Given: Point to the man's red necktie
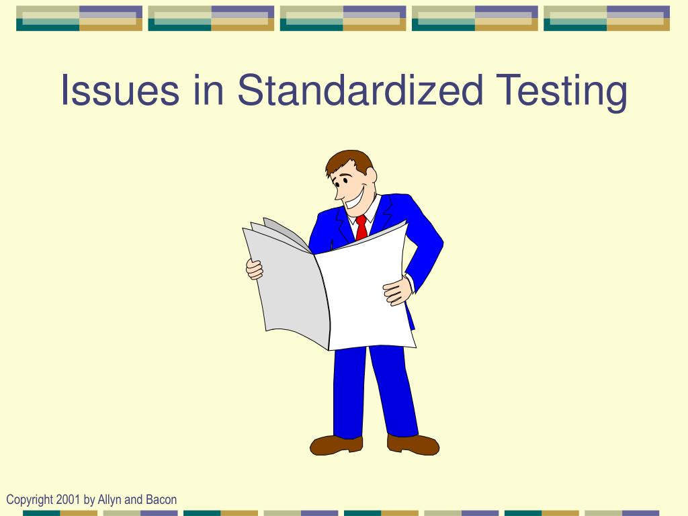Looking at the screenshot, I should pos(361,228).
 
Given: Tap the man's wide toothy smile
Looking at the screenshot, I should pos(353,196).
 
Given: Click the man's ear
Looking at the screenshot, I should pos(370,176).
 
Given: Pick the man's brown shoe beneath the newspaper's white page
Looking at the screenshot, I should pos(413,443).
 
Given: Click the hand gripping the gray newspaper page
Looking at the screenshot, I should pos(254,269).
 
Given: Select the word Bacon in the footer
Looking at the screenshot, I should pos(161,499).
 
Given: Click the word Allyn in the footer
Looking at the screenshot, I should pos(111,499).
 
